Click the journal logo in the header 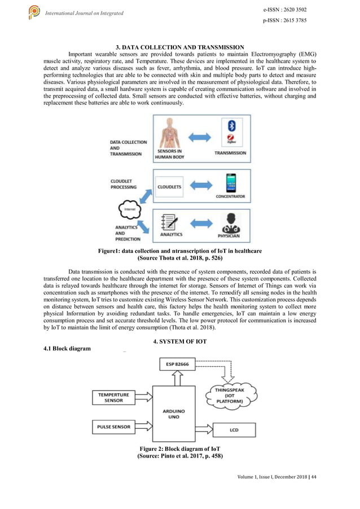[34, 12]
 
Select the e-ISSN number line [286, 10]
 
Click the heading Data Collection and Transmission [179, 47]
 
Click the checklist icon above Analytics [169, 221]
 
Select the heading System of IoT [179, 343]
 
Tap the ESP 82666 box [178, 365]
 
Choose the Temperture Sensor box [114, 397]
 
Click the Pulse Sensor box [114, 427]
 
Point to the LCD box [234, 430]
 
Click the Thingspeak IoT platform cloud [233, 394]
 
